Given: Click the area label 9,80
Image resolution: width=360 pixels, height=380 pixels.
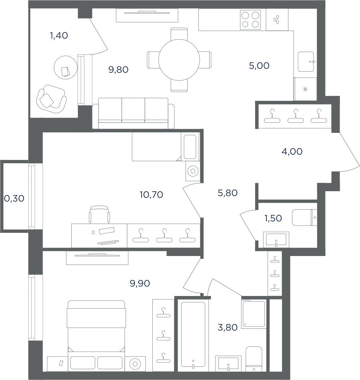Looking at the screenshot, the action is [x=118, y=70].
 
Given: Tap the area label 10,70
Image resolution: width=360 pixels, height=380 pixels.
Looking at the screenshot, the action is [x=151, y=195].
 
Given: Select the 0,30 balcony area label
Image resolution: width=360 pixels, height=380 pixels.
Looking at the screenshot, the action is [x=14, y=199].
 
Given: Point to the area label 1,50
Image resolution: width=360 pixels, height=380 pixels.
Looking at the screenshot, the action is [x=273, y=218].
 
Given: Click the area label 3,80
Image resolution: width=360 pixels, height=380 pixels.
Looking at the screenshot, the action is [x=227, y=328].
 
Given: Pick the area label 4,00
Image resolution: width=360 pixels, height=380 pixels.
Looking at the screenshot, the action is [x=292, y=152].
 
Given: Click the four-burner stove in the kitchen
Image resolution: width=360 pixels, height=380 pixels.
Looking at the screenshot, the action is [x=250, y=20].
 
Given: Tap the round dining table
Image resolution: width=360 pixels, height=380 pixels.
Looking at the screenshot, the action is [x=179, y=60].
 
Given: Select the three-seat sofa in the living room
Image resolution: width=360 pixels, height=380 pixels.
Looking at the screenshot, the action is [x=134, y=113].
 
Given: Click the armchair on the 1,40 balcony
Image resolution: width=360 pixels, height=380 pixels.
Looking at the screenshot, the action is [x=51, y=99].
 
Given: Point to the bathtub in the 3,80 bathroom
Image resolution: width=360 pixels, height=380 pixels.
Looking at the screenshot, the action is [x=193, y=336].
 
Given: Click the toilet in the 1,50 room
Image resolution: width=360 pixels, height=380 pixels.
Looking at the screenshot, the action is [x=304, y=217].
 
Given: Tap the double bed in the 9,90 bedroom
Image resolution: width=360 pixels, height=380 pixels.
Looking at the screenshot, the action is [x=96, y=336].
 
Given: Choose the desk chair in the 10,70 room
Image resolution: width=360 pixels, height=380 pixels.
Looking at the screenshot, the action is [x=99, y=214].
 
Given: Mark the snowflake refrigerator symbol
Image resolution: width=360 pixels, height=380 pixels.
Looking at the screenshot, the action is [x=305, y=90].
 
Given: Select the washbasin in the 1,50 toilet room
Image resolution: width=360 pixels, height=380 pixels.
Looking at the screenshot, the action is [x=276, y=240].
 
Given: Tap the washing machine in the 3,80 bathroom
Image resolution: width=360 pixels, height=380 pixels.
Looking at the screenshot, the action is [x=254, y=314].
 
